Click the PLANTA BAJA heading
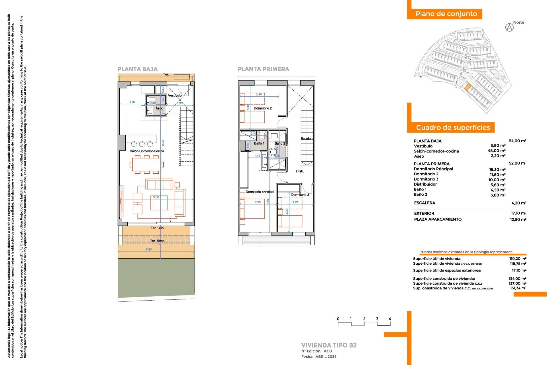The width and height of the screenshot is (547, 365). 138,69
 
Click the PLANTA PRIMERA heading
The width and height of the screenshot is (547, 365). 263,69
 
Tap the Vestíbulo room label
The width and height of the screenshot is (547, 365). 175,95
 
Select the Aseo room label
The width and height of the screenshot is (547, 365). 159,108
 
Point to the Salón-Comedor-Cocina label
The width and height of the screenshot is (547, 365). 147,151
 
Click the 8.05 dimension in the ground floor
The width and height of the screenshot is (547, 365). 163,143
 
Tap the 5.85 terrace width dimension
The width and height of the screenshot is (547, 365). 149,250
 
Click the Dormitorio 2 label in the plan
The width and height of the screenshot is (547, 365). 263,108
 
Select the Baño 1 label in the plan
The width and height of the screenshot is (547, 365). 259,143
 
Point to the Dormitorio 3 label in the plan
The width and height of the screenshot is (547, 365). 300,195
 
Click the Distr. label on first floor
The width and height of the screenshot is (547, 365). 300,171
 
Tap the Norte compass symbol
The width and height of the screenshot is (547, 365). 509,28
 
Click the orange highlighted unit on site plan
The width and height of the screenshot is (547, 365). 467,87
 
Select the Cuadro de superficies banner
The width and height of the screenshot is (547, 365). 453,127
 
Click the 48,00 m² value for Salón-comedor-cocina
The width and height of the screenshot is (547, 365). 497,151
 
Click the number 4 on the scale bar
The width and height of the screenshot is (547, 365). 390,319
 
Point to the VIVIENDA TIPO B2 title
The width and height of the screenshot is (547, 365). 329,345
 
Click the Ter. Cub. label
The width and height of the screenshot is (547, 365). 158,228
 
